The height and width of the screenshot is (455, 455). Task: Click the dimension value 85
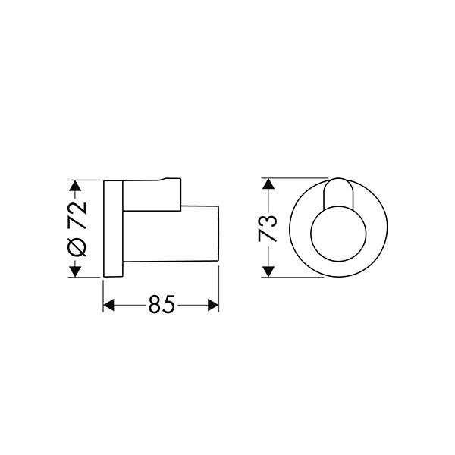coord(162,305)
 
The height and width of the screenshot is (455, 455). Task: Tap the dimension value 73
coord(266,227)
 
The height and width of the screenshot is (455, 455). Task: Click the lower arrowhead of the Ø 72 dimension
coord(74,271)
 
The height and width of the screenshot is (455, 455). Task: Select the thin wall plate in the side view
coord(114,228)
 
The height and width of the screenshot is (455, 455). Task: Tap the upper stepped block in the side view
coord(152,193)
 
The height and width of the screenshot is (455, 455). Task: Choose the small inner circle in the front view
coord(337,237)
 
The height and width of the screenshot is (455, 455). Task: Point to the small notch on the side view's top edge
coord(166,180)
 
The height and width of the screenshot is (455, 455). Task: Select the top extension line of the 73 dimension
coord(292,179)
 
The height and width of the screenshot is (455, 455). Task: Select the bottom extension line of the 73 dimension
coord(292,277)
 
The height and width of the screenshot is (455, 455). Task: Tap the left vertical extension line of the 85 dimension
coord(103,292)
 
